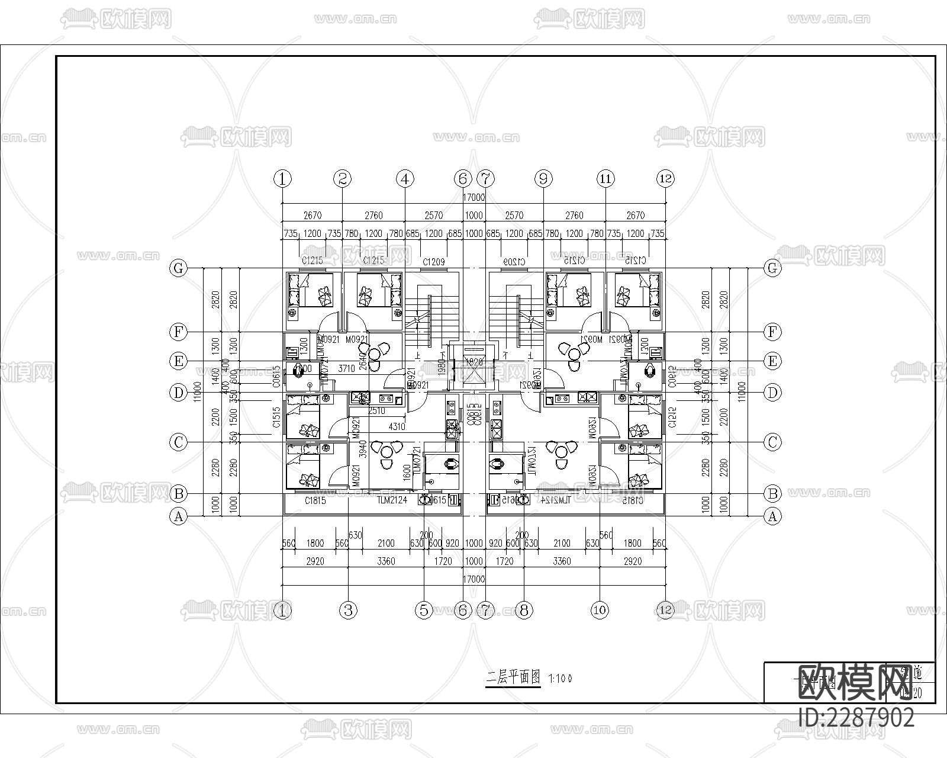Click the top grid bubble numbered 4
tap(405, 178)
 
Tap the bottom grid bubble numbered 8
tap(524, 610)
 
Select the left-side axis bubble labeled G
tap(178, 268)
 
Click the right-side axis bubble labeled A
tap(772, 516)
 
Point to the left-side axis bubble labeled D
tap(178, 392)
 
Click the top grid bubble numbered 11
tap(605, 178)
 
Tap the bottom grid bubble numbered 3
tap(349, 610)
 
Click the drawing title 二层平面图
tap(513, 677)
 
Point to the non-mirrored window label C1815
tap(315, 501)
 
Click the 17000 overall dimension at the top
tap(474, 197)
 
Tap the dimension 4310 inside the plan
tap(397, 426)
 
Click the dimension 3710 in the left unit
tap(346, 368)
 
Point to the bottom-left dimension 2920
tap(315, 561)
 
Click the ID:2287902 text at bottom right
tap(856, 718)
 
